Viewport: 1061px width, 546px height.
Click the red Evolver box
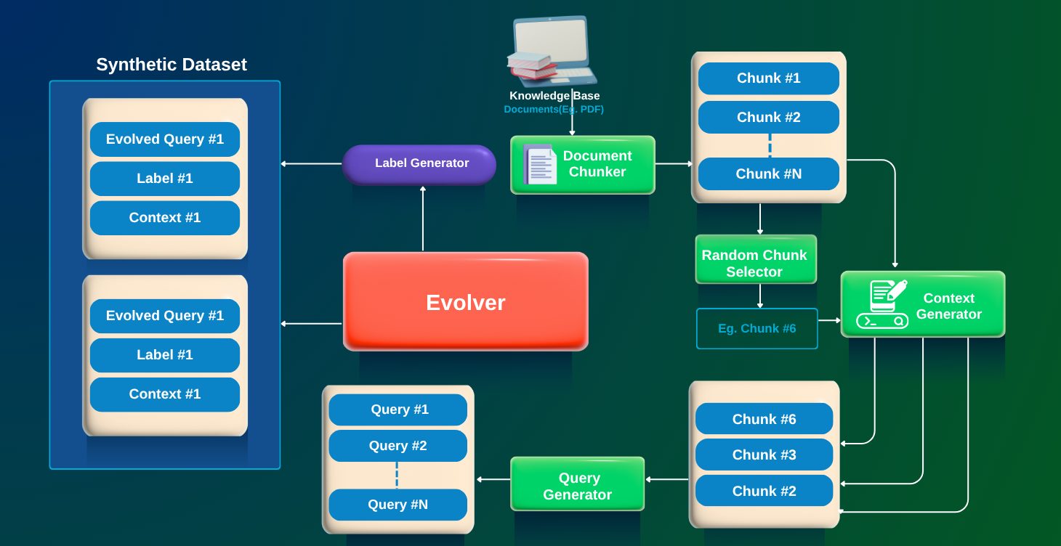(466, 301)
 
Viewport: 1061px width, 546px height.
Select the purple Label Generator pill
(419, 164)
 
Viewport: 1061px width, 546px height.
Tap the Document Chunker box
(583, 165)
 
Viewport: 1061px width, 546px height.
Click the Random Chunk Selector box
(756, 259)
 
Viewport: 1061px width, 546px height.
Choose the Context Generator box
(923, 303)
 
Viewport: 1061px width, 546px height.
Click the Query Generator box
(578, 483)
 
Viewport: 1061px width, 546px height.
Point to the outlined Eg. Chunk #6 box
(757, 328)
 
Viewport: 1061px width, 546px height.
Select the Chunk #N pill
(768, 174)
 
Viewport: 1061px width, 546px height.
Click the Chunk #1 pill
(768, 78)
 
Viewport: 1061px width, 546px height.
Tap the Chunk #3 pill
(764, 455)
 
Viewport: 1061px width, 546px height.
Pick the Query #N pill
(398, 505)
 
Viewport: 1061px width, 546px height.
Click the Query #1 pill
(398, 409)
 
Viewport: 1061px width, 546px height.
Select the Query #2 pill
(398, 446)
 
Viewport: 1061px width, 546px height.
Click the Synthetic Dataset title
(172, 65)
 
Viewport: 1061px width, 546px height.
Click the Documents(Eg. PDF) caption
(554, 110)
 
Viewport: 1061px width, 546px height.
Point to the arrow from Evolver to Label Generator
(423, 218)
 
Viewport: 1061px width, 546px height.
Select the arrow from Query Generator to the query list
(493, 479)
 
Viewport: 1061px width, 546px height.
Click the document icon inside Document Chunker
(540, 164)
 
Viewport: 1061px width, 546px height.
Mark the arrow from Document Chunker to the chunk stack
(674, 163)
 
